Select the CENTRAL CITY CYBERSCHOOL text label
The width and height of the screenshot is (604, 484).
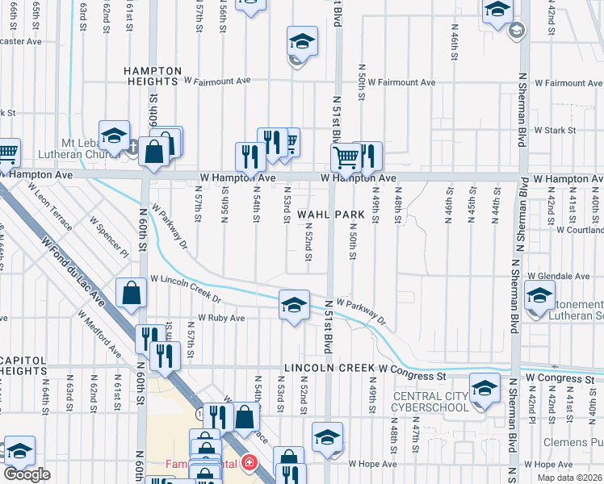click(x=430, y=401)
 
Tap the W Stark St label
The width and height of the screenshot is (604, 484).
click(x=549, y=130)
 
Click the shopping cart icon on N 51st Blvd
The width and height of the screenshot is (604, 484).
click(x=346, y=157)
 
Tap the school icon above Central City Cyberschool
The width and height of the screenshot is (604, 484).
click(x=484, y=389)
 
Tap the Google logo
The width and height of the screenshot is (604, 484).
click(x=27, y=474)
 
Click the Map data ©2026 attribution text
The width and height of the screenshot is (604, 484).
click(x=569, y=478)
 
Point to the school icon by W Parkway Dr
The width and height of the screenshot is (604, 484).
click(x=294, y=304)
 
